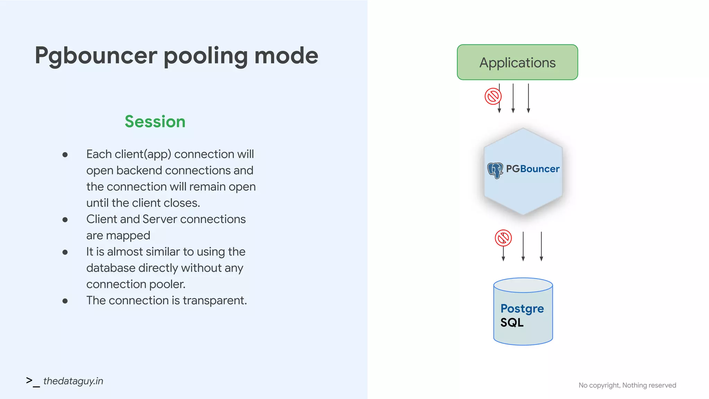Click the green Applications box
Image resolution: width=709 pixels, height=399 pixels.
517,62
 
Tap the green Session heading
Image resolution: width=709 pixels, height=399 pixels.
155,122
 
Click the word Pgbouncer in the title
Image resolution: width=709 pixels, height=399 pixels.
96,56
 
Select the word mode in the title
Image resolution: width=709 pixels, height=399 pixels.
286,56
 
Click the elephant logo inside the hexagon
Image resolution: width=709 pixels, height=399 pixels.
495,170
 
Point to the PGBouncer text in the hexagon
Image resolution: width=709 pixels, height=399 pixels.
532,169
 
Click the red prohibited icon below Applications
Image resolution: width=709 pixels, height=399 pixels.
493,96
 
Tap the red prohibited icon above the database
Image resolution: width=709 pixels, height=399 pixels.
503,238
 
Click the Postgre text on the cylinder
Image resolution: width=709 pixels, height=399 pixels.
522,308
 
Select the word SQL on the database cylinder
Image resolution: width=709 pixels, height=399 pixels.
512,322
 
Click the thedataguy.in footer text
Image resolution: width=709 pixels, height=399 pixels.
73,381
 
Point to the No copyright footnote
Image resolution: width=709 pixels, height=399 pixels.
627,385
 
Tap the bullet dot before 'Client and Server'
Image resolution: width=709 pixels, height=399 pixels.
65,220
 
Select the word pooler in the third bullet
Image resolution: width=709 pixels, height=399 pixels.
170,284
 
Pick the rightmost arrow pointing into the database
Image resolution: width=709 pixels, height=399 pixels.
541,246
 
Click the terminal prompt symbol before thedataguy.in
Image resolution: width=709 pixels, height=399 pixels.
33,381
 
